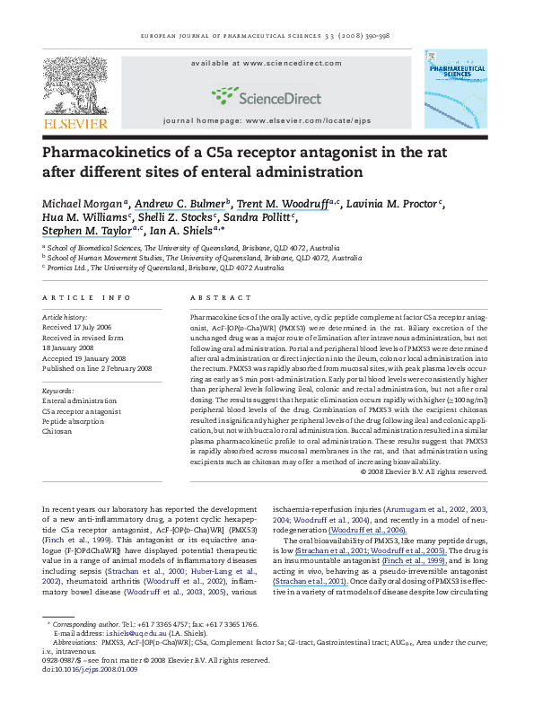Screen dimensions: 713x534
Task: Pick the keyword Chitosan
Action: pos(59,430)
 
